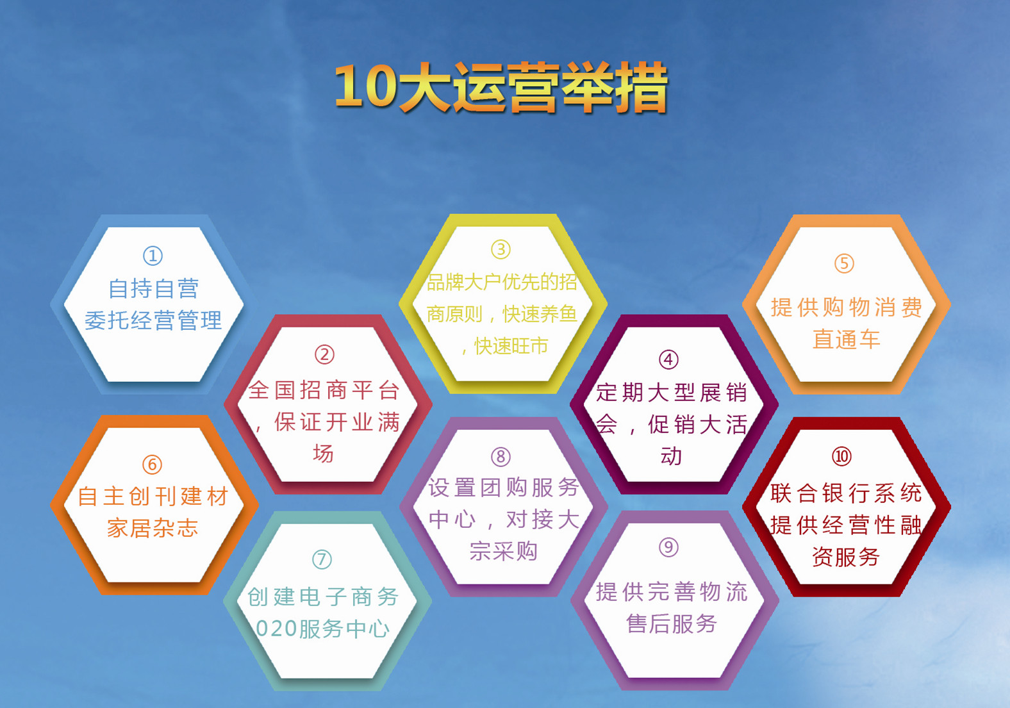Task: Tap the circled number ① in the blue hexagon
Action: pos(153,256)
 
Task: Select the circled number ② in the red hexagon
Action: pos(325,355)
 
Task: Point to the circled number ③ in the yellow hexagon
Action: pos(501,249)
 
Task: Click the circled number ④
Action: pos(668,359)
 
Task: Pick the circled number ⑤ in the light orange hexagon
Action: pos(844,263)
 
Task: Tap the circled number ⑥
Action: pos(153,465)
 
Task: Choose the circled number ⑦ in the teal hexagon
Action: pos(322,560)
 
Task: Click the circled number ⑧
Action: pos(501,457)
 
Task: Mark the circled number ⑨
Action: pos(668,547)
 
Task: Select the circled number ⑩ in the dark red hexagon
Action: pos(842,457)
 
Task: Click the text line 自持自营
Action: pos(153,289)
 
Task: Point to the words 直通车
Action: pos(847,340)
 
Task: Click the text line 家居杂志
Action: pos(153,528)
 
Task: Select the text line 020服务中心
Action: pos(323,629)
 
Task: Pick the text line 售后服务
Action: pos(672,624)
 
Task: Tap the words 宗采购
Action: pos(503,551)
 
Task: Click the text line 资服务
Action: pos(846,557)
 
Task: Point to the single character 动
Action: pos(672,456)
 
